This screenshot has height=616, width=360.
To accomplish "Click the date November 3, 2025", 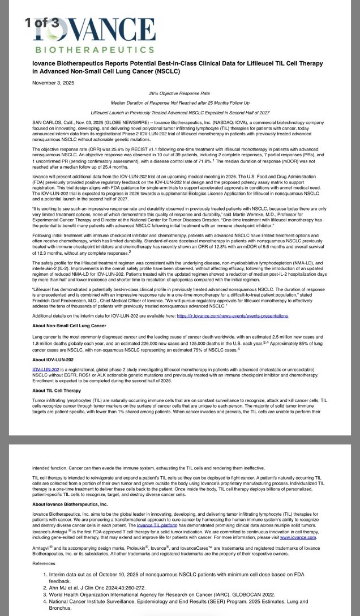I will click(x=52, y=83).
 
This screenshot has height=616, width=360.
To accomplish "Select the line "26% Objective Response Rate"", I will click(x=179, y=92).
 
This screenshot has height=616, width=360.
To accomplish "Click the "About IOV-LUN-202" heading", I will click(x=53, y=360).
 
